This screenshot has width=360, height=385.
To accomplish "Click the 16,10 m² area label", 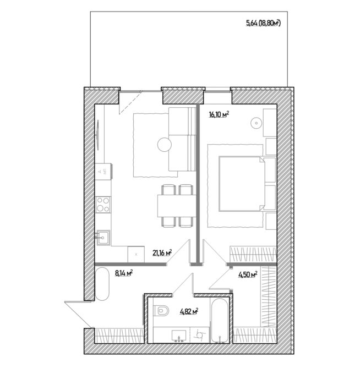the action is pyautogui.click(x=219, y=114).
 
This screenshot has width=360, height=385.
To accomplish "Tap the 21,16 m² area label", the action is pyautogui.click(x=162, y=252).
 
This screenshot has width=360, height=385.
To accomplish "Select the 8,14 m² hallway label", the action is pyautogui.click(x=124, y=273).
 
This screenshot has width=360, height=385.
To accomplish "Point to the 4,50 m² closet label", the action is pyautogui.click(x=248, y=274).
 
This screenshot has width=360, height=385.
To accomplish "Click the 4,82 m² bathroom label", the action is pyautogui.click(x=189, y=312).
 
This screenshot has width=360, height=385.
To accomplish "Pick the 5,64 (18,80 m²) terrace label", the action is pyautogui.click(x=263, y=23).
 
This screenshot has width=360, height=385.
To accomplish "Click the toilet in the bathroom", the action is pyautogui.click(x=161, y=311).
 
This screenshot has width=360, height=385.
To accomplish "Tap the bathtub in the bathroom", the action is pyautogui.click(x=220, y=320).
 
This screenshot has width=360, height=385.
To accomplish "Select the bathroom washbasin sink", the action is pyautogui.click(x=179, y=336).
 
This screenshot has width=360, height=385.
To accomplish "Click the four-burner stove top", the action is pyautogui.click(x=103, y=205).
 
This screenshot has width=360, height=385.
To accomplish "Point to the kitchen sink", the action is pyautogui.click(x=103, y=238).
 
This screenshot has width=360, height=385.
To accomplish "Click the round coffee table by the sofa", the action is pyautogui.click(x=165, y=145).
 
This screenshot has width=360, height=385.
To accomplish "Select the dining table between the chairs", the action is pyautogui.click(x=177, y=206).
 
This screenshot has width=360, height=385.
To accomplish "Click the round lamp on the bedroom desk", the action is pyautogui.click(x=256, y=123).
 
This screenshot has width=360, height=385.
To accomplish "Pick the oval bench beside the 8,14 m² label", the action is pyautogui.click(x=102, y=284).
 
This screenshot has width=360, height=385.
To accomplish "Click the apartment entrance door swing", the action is pyautogui.click(x=79, y=314).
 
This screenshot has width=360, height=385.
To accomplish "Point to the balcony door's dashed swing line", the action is pyautogui.click(x=129, y=103).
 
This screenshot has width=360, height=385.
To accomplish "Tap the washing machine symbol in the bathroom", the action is pyautogui.click(x=199, y=335).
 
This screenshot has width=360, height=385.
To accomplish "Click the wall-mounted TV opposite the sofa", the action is pyautogui.click(x=98, y=135).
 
